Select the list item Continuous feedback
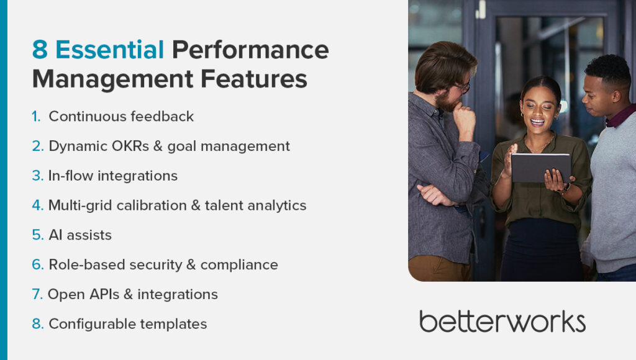(121, 116)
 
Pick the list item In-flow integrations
(112, 176)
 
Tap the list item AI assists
(80, 235)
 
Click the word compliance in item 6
(239, 265)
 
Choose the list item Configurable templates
(127, 324)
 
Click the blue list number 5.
(37, 235)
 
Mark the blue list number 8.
(37, 324)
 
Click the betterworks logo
(502, 321)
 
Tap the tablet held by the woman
(540, 168)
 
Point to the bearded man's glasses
(463, 88)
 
